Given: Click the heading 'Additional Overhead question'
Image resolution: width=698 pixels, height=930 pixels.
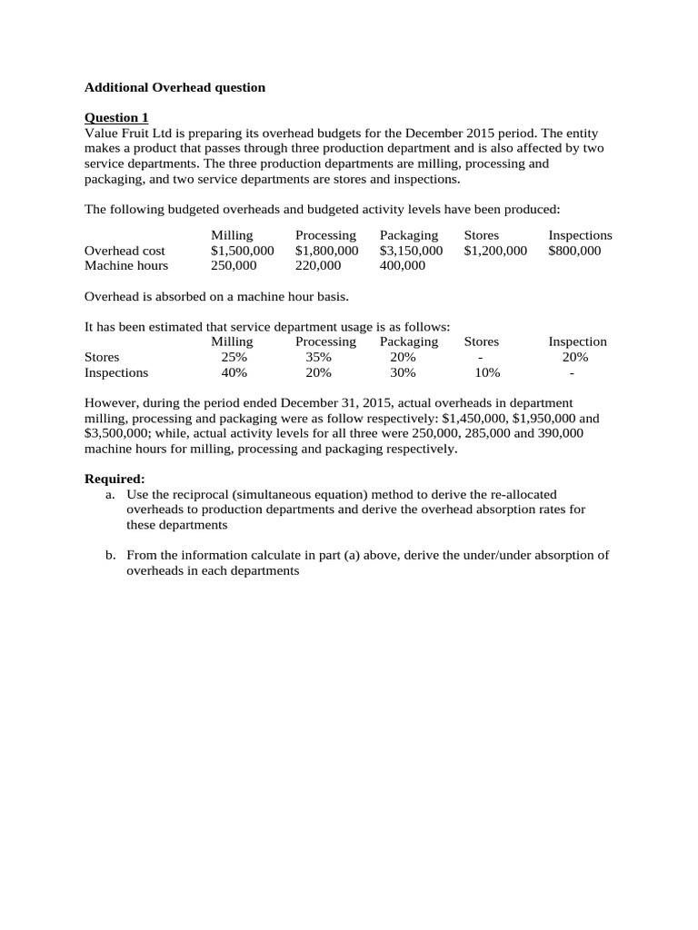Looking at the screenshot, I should coord(174,87).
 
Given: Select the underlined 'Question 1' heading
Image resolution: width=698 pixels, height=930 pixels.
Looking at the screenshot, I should coord(116,117).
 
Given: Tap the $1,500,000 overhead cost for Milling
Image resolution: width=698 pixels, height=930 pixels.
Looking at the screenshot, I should coord(242,251).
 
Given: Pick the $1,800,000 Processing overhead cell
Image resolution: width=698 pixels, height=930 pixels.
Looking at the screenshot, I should coord(326,251).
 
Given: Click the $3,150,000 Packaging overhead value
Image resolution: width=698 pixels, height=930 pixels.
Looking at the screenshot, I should coord(411,251).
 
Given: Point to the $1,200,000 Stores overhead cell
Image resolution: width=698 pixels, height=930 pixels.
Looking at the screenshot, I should coord(495,251).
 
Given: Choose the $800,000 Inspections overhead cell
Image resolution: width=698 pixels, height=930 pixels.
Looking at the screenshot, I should coord(574,251).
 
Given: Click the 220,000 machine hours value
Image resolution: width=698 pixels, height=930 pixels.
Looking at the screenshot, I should coord(318,266).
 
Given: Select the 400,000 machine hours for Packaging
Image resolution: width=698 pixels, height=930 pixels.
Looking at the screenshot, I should coord(403,266).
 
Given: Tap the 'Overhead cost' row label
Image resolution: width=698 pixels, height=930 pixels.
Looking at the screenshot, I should coord(125,251).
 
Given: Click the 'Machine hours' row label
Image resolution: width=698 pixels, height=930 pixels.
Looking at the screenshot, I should coord(126,266).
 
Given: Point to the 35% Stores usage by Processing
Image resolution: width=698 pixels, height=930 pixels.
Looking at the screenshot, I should coord(319,357).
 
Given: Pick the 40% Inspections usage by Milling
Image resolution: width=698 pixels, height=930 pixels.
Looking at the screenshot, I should coord(234,372).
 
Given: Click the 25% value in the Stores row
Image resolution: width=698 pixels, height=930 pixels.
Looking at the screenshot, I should coord(234,357).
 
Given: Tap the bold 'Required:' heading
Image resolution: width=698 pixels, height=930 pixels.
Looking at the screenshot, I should coord(115,479).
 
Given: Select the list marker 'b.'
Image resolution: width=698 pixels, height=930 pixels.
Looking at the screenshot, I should coord(110,555).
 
